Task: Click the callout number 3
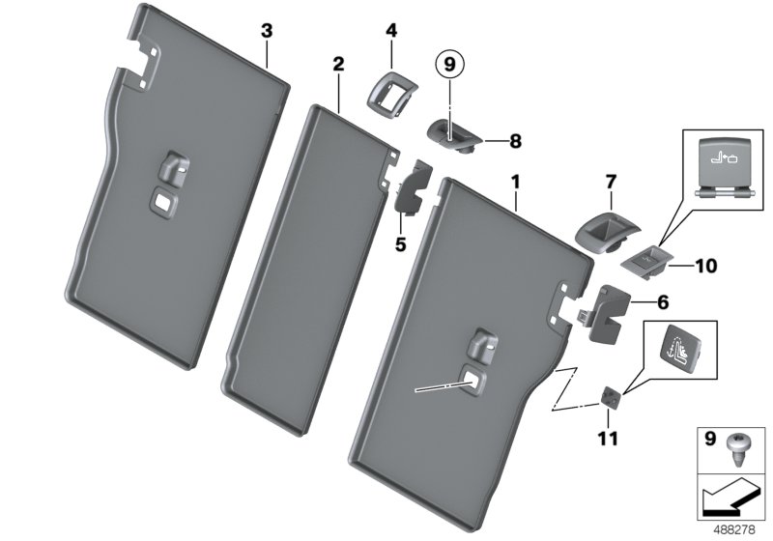(267, 31)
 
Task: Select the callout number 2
(338, 64)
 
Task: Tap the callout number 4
(390, 31)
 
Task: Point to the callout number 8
(515, 141)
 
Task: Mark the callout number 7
(610, 183)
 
